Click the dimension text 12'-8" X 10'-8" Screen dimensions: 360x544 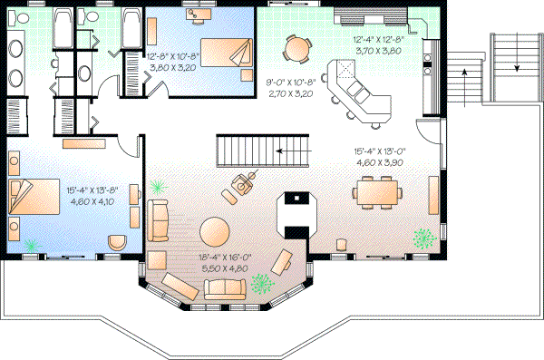tap(172, 56)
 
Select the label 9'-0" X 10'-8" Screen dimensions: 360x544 tap(288, 82)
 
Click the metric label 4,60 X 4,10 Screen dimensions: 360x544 tap(91, 202)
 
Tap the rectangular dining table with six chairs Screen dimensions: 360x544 tap(376, 191)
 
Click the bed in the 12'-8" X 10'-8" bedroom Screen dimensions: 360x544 tap(223, 52)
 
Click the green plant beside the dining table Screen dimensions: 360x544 tap(423, 238)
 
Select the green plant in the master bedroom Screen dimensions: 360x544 tap(34, 245)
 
